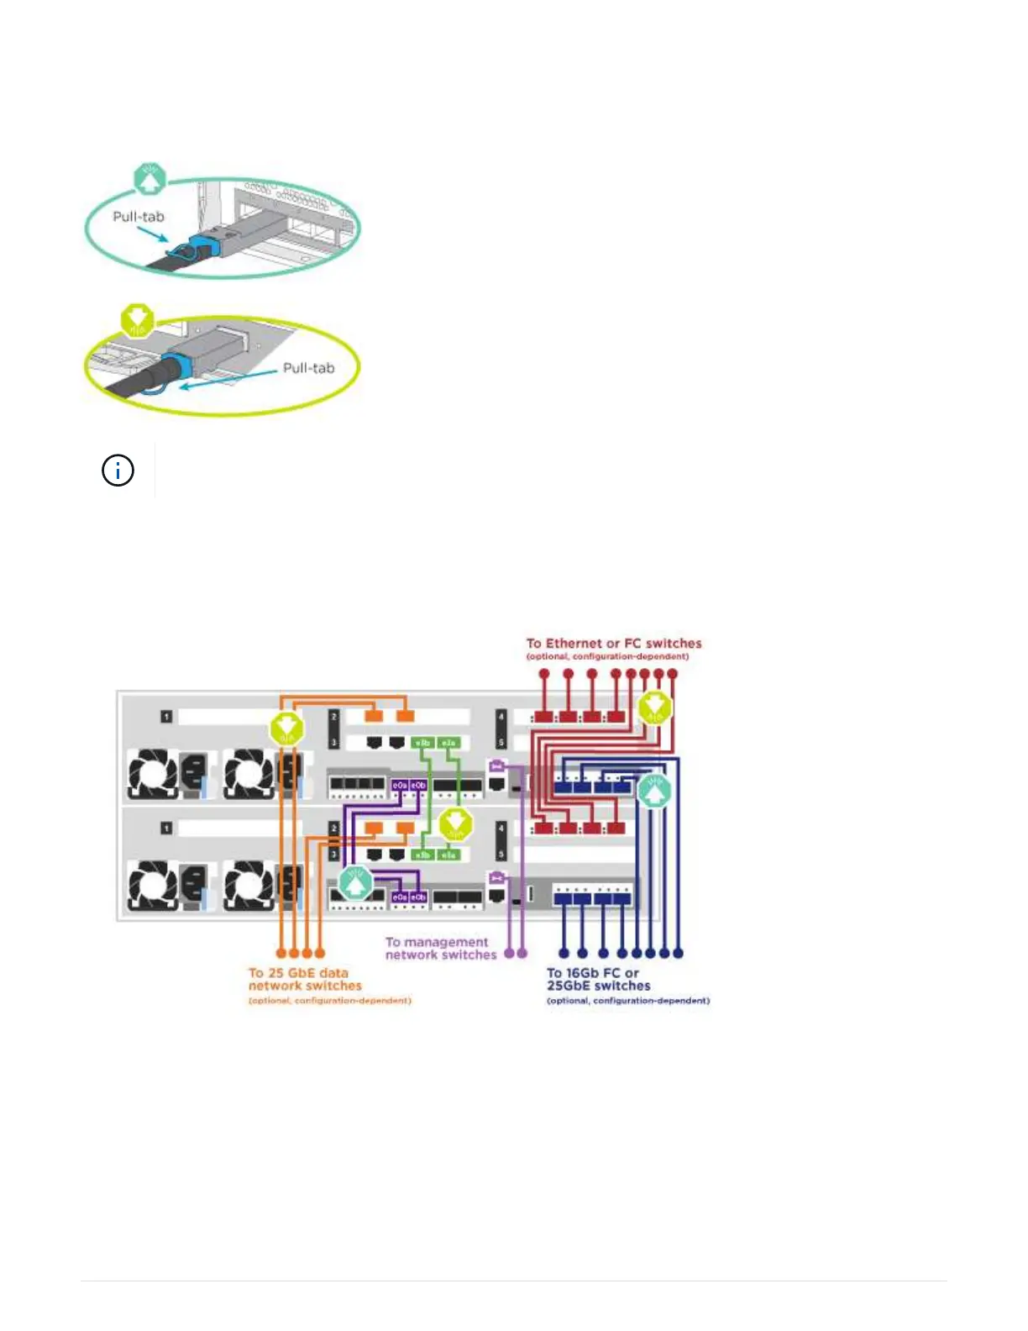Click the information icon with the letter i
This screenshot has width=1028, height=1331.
(118, 470)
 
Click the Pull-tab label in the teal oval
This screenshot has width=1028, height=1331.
(139, 217)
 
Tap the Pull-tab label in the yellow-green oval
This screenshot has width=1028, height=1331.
(308, 368)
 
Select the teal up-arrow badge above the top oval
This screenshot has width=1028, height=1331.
(150, 178)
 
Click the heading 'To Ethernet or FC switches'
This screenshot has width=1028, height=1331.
(614, 644)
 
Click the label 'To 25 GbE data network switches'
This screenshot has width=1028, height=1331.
(305, 979)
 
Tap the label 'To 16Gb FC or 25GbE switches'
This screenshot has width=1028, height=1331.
(598, 979)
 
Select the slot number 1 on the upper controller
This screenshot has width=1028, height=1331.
(166, 717)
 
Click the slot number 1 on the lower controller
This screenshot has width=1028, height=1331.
(166, 829)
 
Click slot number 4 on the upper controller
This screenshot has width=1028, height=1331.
(501, 717)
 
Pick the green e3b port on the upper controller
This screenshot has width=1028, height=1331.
(423, 743)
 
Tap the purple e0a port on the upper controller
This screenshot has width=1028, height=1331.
(400, 786)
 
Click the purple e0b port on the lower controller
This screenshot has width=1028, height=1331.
(417, 897)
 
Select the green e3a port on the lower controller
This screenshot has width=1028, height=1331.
(448, 855)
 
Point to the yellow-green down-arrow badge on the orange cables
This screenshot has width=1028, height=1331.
(287, 728)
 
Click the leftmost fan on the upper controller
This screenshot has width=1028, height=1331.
(147, 774)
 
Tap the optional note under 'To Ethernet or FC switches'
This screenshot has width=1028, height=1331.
(607, 656)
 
